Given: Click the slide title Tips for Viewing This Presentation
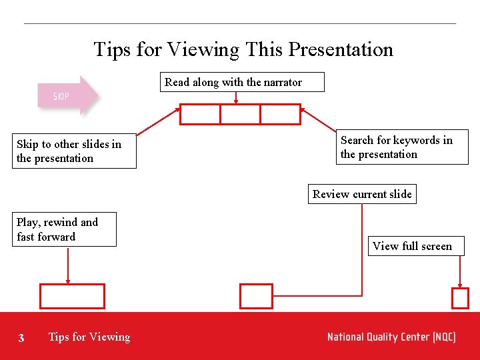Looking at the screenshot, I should (243, 49).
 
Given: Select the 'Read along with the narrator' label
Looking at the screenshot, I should (233, 82).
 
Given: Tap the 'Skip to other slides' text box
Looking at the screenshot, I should (75, 151).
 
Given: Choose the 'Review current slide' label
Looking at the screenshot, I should (362, 194).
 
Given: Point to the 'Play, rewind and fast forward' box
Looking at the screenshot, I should (64, 229).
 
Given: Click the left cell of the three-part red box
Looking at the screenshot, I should (200, 115).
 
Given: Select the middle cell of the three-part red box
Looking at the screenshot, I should (240, 115).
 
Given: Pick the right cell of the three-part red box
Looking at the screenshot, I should (280, 115).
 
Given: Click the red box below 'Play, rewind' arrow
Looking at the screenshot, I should (72, 296).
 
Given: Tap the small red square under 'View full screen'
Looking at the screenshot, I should (460, 298).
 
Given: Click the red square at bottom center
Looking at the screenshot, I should (256, 296).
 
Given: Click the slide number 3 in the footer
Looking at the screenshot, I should (21, 338).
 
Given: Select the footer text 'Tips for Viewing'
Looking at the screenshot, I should (89, 337).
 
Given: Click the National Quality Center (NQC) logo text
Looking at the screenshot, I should (391, 337).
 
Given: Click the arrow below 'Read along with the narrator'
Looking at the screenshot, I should (236, 98).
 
